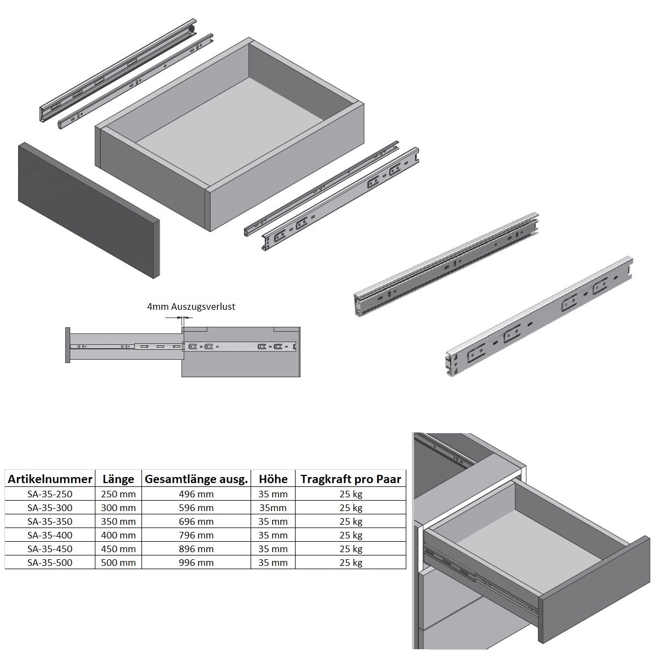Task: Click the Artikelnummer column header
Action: pos(50,479)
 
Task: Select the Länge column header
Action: pos(118,479)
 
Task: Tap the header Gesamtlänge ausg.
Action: pos(196,479)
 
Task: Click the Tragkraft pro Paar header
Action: pos(351,479)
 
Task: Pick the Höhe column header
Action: pos(273,479)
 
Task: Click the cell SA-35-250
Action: pos(50,494)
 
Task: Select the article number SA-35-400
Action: pos(50,535)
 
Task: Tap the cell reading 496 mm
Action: pos(196,494)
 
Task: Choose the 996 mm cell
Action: pos(196,563)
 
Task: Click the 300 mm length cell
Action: pos(118,508)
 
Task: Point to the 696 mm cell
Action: pos(196,521)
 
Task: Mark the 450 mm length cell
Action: pos(118,549)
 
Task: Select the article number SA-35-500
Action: pos(50,563)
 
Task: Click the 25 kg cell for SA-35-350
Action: pos(351,521)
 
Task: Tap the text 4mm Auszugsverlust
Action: pos(191,307)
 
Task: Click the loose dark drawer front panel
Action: pos(89,210)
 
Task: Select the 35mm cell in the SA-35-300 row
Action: pos(273,508)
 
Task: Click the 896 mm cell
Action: pos(196,549)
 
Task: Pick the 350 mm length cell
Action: pos(118,521)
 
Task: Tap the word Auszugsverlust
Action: pos(203,307)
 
